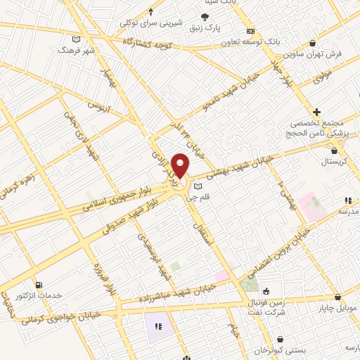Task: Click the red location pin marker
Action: click(181, 166)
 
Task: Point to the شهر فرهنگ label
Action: click(77, 51)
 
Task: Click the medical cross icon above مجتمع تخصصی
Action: click(316, 111)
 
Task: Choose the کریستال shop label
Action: click(320, 162)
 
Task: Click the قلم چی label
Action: click(185, 199)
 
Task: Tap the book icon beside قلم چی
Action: click(198, 186)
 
